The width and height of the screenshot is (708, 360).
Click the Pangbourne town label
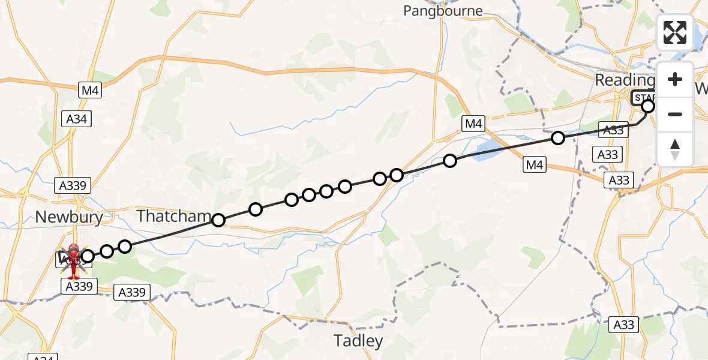pyautogui.click(x=443, y=11)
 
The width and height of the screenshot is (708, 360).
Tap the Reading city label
pyautogui.click(x=624, y=80)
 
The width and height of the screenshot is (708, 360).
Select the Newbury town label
pyautogui.click(x=69, y=217)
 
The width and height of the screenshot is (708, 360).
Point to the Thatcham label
pyautogui.click(x=174, y=216)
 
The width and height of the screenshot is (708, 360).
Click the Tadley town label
pyautogui.click(x=358, y=341)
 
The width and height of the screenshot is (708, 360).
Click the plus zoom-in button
pyautogui.click(x=675, y=80)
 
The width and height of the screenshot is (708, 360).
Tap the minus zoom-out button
pyautogui.click(x=675, y=114)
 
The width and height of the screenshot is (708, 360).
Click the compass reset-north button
pyautogui.click(x=675, y=149)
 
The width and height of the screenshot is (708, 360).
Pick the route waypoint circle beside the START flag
pyautogui.click(x=648, y=107)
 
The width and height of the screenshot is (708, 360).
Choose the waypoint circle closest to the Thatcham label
pyautogui.click(x=218, y=220)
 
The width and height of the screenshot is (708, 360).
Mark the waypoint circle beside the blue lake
pyautogui.click(x=450, y=161)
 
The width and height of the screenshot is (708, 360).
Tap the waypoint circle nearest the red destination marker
pyautogui.click(x=88, y=257)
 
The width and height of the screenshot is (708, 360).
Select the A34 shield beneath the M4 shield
pyautogui.click(x=76, y=119)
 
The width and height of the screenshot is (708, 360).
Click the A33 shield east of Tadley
pyautogui.click(x=623, y=325)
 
